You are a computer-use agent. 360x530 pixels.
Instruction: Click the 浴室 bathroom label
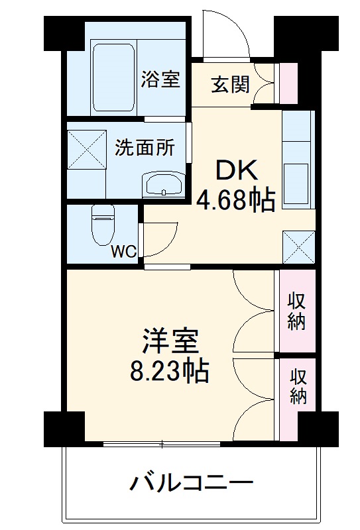(x=160, y=79)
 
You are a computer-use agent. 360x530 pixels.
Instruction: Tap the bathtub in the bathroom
(x=114, y=78)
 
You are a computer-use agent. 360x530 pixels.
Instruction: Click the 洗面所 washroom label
(x=145, y=146)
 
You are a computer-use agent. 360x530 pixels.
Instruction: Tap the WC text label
(x=123, y=252)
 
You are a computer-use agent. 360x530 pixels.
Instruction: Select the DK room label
(x=236, y=171)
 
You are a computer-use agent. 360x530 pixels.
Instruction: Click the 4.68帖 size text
(x=235, y=199)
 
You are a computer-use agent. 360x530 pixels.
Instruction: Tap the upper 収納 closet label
(x=297, y=311)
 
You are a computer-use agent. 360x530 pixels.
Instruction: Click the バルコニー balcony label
(x=190, y=482)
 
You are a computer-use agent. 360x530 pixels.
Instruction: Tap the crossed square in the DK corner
(x=298, y=246)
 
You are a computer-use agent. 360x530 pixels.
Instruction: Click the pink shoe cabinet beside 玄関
(x=289, y=83)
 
